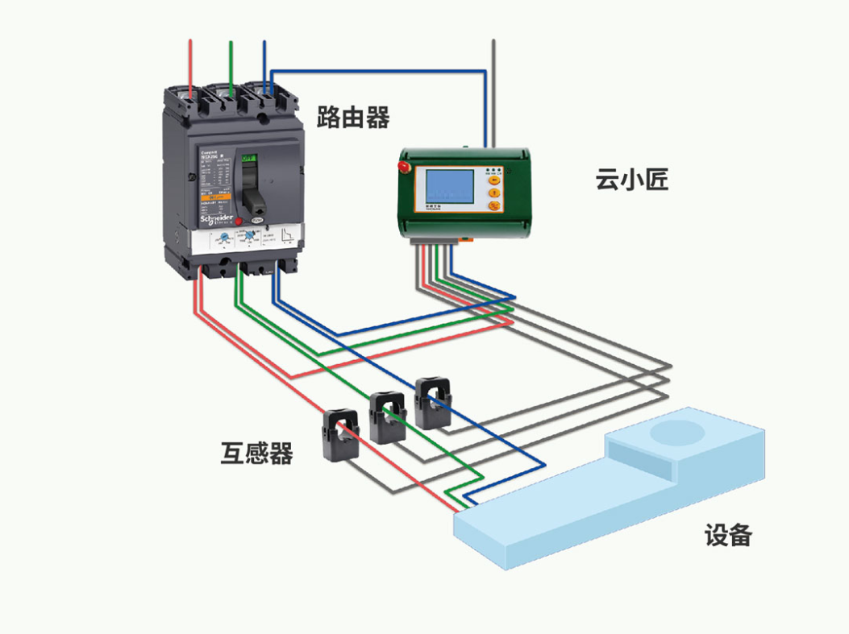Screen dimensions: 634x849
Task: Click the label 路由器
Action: pyautogui.click(x=353, y=118)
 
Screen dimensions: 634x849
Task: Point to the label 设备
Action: pyautogui.click(x=728, y=535)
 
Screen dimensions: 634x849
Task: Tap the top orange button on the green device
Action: pyautogui.click(x=495, y=181)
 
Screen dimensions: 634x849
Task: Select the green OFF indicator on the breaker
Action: pyautogui.click(x=250, y=158)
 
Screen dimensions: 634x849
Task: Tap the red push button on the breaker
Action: pyautogui.click(x=239, y=220)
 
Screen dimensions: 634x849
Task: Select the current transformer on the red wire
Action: pyautogui.click(x=341, y=434)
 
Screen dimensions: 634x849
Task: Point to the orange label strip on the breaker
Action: pyautogui.click(x=215, y=197)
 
